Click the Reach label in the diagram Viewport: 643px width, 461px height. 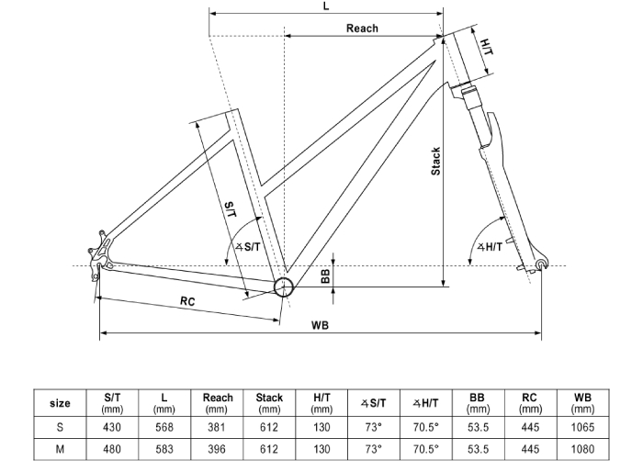pyautogui.click(x=362, y=28)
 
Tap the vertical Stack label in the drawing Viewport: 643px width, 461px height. pyautogui.click(x=435, y=162)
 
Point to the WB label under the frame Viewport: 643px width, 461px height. pyautogui.click(x=320, y=325)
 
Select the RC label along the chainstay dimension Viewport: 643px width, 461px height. pyautogui.click(x=187, y=301)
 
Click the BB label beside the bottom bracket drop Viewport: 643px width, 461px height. pyautogui.click(x=325, y=276)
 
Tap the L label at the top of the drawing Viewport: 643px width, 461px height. pyautogui.click(x=326, y=6)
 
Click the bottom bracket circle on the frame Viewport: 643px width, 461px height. pyautogui.click(x=283, y=287)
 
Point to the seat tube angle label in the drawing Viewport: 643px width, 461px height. pyautogui.click(x=248, y=246)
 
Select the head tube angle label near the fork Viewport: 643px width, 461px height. pyautogui.click(x=490, y=247)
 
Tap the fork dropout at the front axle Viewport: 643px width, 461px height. pyautogui.click(x=542, y=264)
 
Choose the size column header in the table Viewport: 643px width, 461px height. pyautogui.click(x=60, y=403)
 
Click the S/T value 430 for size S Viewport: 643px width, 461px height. pyautogui.click(x=111, y=427)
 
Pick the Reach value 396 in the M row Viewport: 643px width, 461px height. pyautogui.click(x=217, y=449)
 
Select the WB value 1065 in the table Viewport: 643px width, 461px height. pyautogui.click(x=582, y=427)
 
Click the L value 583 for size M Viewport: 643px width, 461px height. pyautogui.click(x=164, y=449)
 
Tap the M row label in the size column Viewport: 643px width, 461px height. pyautogui.click(x=60, y=449)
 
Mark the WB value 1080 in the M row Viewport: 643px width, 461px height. pyautogui.click(x=582, y=449)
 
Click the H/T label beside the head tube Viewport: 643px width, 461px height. pyautogui.click(x=487, y=46)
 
